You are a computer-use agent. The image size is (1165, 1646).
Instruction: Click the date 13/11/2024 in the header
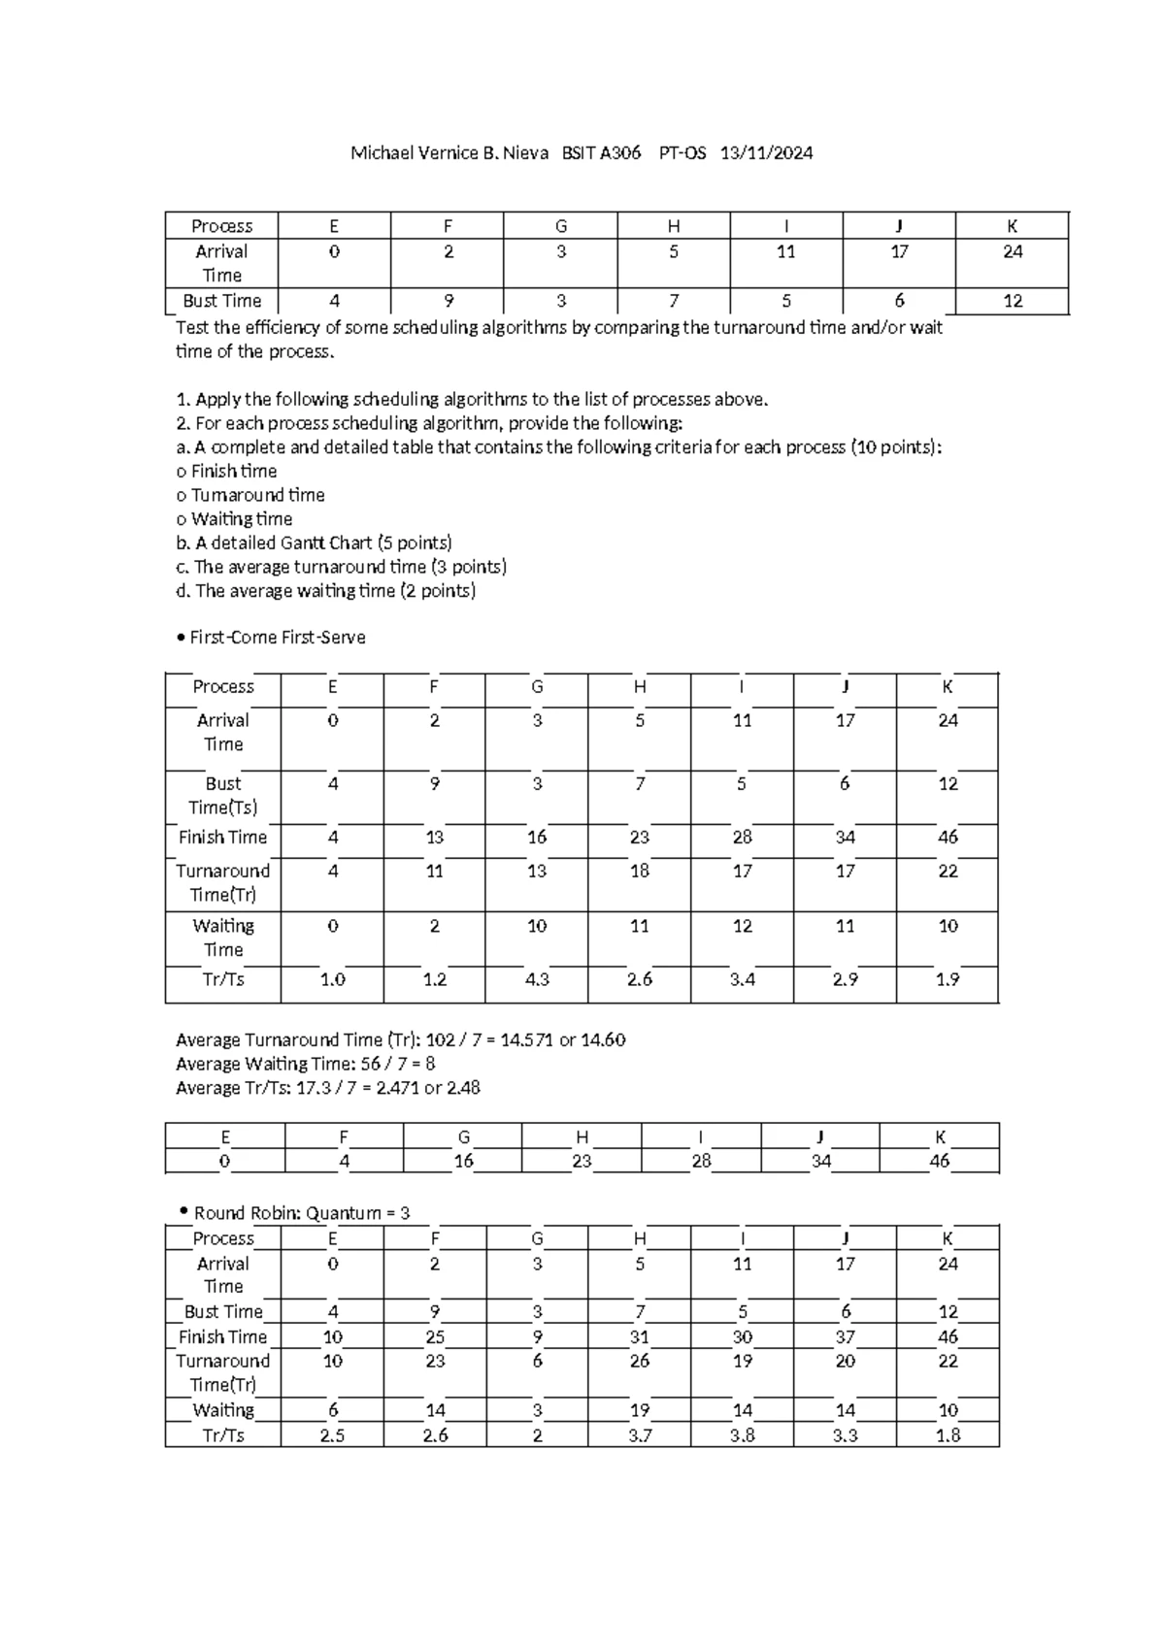(x=766, y=153)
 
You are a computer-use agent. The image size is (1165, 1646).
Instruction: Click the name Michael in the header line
(x=381, y=153)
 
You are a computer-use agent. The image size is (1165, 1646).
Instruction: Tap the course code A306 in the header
(x=620, y=153)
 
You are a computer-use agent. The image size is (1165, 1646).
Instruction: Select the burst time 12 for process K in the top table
(x=1013, y=301)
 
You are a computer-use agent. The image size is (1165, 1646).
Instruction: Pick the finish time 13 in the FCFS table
(x=434, y=838)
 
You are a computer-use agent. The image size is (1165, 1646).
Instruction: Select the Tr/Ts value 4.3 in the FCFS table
(x=537, y=980)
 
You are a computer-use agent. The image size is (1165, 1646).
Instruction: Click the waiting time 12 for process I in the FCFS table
(x=743, y=927)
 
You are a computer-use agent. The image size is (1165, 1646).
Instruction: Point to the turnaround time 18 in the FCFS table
(x=640, y=872)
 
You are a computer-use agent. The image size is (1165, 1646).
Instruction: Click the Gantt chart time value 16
(x=463, y=1162)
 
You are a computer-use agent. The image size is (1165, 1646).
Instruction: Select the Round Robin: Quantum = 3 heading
(x=302, y=1214)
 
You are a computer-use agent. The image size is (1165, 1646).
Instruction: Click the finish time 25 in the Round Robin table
(x=434, y=1337)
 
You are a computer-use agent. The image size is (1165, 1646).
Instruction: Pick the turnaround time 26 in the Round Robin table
(x=640, y=1362)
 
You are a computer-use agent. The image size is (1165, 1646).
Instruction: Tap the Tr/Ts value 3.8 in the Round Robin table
(x=743, y=1436)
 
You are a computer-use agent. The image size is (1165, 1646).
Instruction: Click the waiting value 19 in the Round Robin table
(x=640, y=1411)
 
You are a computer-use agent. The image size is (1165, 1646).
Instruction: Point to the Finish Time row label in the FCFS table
(x=222, y=838)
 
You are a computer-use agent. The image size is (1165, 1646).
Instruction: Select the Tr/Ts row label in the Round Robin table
(x=222, y=1436)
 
